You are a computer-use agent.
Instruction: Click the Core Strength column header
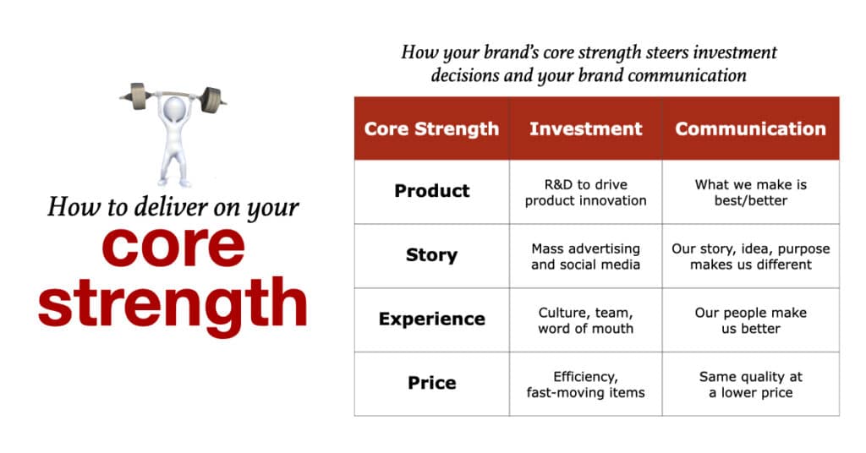[431, 128]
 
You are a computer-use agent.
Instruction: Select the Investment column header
[585, 128]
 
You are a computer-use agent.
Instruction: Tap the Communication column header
[751, 128]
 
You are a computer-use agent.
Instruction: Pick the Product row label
[432, 191]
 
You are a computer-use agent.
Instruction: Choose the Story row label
[432, 255]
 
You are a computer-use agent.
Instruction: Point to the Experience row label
[432, 319]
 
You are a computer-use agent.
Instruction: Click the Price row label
[432, 383]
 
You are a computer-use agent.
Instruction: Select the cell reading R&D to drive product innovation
[585, 193]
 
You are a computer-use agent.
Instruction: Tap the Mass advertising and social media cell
[585, 257]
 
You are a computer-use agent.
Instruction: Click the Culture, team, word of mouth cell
[585, 320]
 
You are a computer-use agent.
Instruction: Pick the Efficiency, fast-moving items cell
[585, 385]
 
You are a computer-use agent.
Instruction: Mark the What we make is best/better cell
[751, 193]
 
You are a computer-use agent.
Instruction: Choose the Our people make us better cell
[751, 320]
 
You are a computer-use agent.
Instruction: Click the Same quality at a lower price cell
[751, 385]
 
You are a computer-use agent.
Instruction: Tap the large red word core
[173, 247]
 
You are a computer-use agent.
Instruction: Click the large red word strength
[173, 304]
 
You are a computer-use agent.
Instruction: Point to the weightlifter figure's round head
[174, 107]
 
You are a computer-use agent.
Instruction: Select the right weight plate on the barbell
[211, 100]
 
